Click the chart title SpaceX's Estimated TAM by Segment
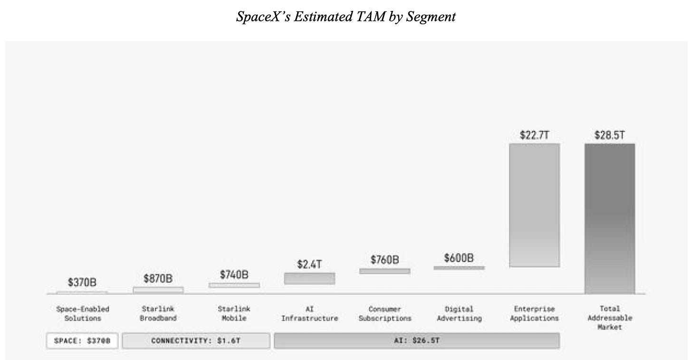(346, 17)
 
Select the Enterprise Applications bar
(534, 205)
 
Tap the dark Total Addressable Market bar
(610, 218)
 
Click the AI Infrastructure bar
(309, 278)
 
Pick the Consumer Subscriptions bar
(385, 271)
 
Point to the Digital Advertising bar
(459, 268)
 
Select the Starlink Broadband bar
(158, 290)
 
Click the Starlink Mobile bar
(234, 285)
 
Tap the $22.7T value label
(534, 135)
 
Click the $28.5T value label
(610, 135)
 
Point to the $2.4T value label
(309, 264)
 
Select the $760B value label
(385, 260)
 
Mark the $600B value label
(459, 258)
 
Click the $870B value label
(158, 278)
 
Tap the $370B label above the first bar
(82, 282)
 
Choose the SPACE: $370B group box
(82, 341)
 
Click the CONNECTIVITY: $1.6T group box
(196, 341)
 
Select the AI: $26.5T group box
(417, 341)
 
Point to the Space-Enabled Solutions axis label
(83, 313)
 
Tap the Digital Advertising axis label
(460, 313)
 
